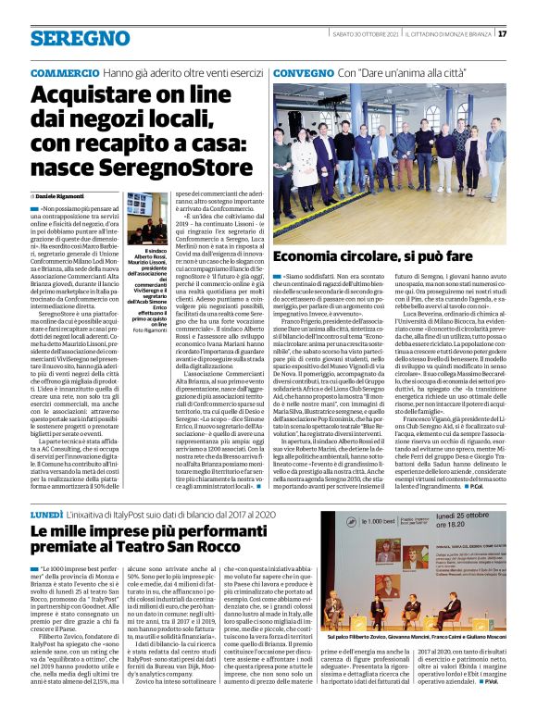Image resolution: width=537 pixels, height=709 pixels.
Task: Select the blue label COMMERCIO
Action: point(64,72)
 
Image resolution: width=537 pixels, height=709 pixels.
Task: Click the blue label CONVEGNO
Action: point(303,72)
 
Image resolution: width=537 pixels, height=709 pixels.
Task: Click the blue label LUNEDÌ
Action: point(46,511)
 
